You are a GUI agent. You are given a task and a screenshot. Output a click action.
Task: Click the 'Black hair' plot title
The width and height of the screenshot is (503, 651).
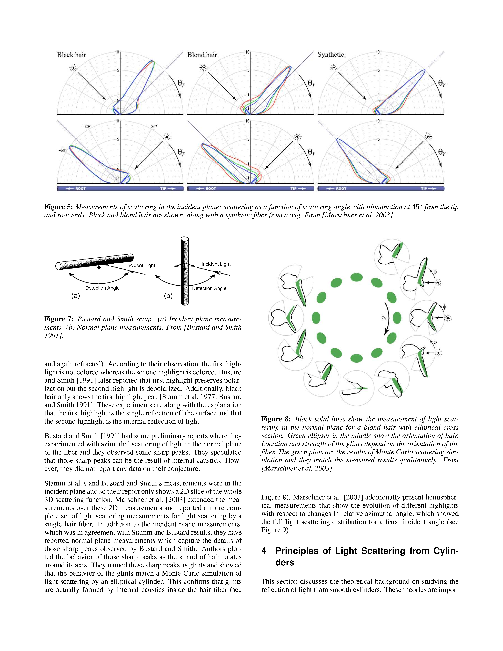click(x=72, y=55)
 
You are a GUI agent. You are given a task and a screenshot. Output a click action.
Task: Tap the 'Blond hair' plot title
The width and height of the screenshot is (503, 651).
click(x=202, y=55)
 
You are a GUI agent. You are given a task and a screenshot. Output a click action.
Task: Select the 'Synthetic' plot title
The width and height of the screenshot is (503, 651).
click(x=331, y=55)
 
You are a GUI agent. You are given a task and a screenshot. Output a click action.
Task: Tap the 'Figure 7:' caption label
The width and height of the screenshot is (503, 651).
click(x=59, y=319)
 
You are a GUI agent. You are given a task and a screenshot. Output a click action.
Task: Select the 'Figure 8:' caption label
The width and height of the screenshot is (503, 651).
click(x=276, y=419)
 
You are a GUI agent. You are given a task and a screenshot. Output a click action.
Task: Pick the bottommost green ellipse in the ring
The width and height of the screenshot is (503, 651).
click(x=356, y=358)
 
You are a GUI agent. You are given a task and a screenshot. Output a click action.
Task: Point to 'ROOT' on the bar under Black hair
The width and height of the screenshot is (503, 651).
click(x=80, y=189)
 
